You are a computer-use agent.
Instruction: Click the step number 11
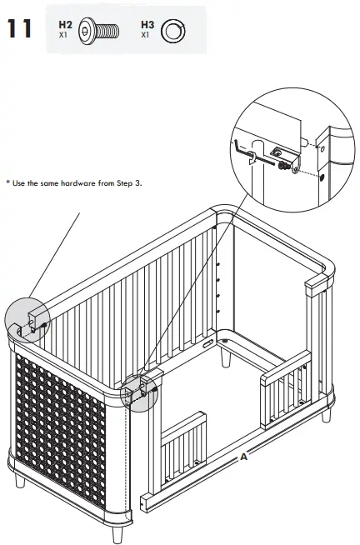click(20, 29)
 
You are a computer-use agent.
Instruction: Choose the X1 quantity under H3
click(145, 36)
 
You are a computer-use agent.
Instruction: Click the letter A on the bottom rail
click(243, 457)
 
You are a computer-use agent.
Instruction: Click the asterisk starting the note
click(7, 182)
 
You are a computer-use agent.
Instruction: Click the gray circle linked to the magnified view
click(139, 392)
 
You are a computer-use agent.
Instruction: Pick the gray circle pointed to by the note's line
click(27, 320)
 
